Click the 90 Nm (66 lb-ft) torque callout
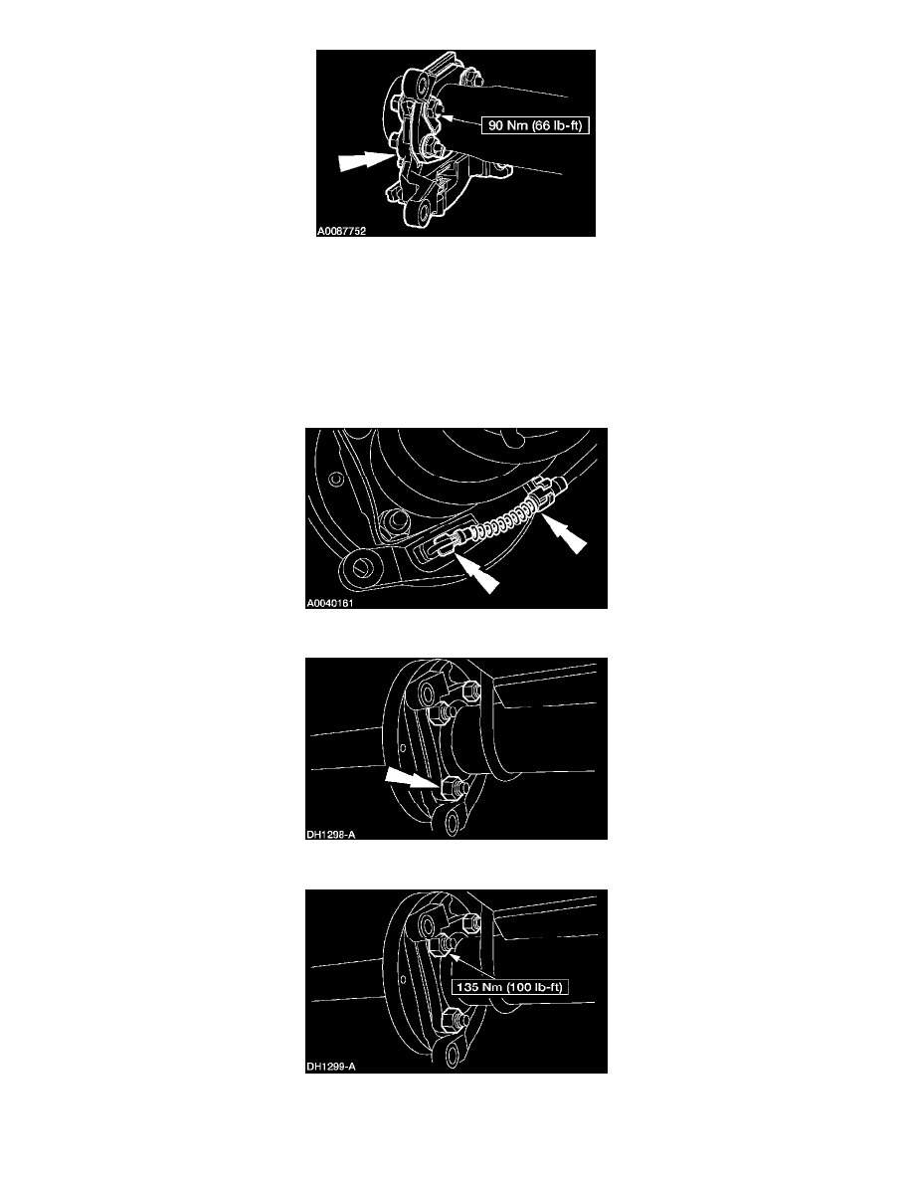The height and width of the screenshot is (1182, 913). [535, 125]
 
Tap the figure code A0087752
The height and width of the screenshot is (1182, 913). [341, 231]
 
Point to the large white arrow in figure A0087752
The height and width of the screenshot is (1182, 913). [365, 160]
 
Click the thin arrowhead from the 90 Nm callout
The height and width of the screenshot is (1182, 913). [445, 116]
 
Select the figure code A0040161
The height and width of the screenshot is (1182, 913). [329, 603]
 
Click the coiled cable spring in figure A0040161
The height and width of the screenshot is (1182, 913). [504, 521]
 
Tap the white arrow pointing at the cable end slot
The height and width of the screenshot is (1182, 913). [477, 572]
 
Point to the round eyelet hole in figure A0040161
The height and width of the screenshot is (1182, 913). [360, 565]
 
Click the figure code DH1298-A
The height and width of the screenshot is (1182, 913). [331, 835]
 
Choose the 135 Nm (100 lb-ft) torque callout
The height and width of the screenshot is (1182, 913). [510, 987]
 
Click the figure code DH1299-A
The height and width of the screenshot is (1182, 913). [331, 1067]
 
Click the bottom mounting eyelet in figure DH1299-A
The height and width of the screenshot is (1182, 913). [450, 1053]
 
